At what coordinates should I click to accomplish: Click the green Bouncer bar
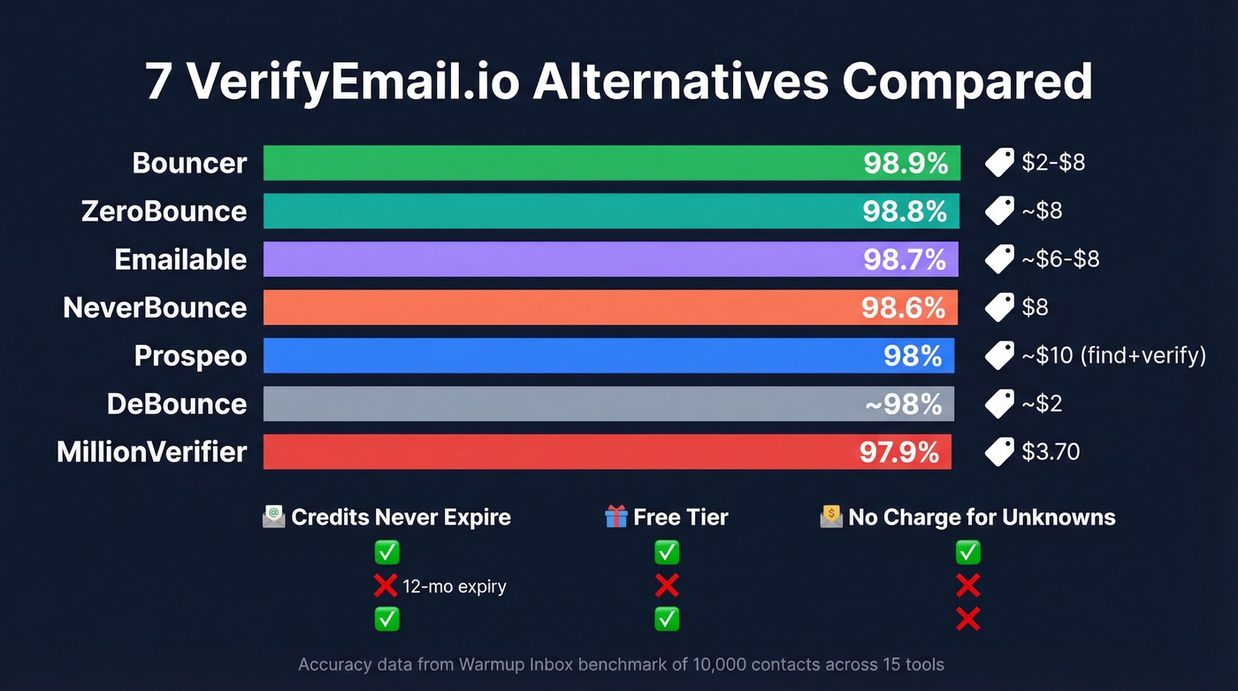click(x=566, y=163)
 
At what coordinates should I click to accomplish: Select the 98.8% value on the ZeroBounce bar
click(x=905, y=211)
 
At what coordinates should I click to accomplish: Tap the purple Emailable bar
click(x=566, y=259)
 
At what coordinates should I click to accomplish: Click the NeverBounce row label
click(x=155, y=308)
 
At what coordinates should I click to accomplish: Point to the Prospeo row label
click(x=190, y=356)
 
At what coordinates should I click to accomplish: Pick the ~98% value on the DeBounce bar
click(x=903, y=404)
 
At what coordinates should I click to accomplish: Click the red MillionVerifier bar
click(x=557, y=452)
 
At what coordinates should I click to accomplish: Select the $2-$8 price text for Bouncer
click(x=1053, y=163)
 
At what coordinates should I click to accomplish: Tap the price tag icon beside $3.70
click(x=999, y=452)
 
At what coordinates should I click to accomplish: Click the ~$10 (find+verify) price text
click(x=1113, y=356)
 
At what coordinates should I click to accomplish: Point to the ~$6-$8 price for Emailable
click(x=1060, y=259)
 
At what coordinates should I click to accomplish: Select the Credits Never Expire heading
click(x=401, y=518)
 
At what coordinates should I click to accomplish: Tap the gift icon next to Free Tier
click(x=615, y=517)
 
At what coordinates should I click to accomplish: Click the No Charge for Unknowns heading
click(x=982, y=518)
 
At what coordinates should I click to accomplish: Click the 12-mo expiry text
click(x=454, y=587)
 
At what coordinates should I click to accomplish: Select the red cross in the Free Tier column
click(x=667, y=586)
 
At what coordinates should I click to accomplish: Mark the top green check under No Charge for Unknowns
click(x=968, y=553)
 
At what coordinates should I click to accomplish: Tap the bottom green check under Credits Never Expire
click(x=386, y=618)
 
